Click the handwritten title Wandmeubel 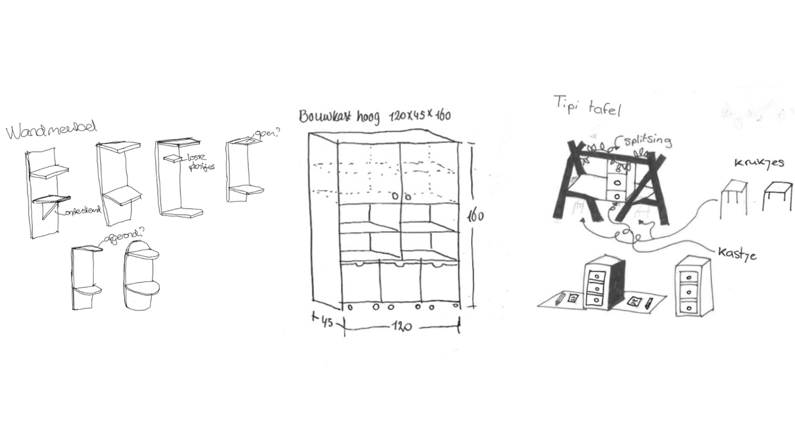pos(51,129)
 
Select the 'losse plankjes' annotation pos(200,162)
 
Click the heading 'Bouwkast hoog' pos(339,116)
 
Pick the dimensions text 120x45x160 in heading pos(420,115)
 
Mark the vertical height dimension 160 pos(475,216)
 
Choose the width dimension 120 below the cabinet pos(402,326)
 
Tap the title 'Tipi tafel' pos(587,105)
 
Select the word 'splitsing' pos(647,140)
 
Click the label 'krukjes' pos(759,163)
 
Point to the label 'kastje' pos(737,253)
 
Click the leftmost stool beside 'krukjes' pos(734,199)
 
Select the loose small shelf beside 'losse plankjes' pos(172,158)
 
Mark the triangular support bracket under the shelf pos(51,211)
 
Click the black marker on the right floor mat pos(649,303)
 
